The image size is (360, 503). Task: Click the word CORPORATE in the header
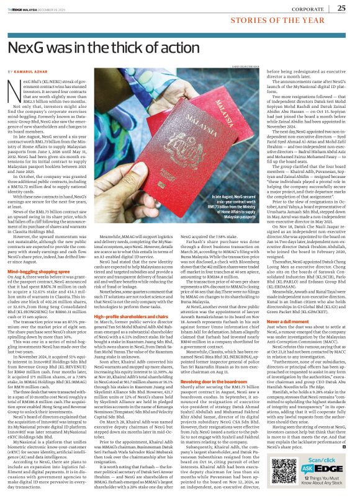pos(308,9)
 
